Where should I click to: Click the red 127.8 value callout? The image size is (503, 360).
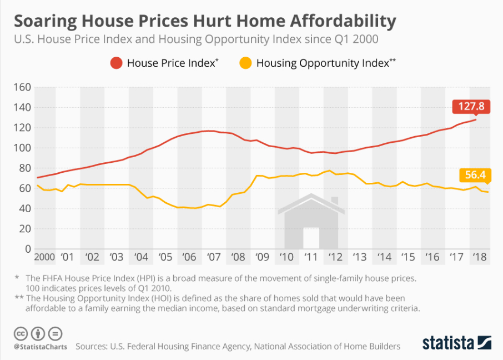[x=471, y=107]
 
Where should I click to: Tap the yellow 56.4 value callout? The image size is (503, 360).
[x=476, y=175]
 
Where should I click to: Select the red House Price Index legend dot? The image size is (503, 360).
[x=115, y=63]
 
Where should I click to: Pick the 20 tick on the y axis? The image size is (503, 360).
[x=24, y=229]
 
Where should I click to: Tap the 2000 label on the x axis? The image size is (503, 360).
[x=44, y=258]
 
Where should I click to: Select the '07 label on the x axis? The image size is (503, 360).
[x=214, y=258]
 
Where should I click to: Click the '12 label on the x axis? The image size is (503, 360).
[x=335, y=258]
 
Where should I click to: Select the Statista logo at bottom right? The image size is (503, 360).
[x=456, y=342]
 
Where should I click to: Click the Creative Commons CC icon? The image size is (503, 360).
[x=21, y=334]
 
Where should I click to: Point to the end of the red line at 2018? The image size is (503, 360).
[x=476, y=119]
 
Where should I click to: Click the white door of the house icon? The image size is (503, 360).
[x=311, y=238]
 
